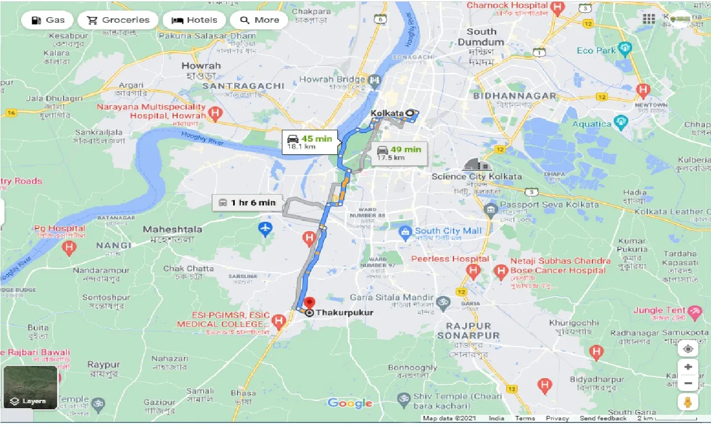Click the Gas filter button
click(48, 21)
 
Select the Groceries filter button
click(117, 21)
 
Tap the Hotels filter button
click(194, 21)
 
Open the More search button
click(259, 21)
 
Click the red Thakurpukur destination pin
click(309, 303)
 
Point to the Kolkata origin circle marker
click(410, 113)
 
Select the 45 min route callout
click(310, 143)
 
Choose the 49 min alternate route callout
click(398, 153)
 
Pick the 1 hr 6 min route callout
click(247, 202)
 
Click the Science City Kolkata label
click(476, 176)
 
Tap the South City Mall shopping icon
click(405, 231)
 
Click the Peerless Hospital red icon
click(472, 271)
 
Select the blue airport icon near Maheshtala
click(266, 227)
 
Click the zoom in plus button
click(688, 367)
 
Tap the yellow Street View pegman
click(688, 402)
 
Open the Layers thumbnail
click(30, 387)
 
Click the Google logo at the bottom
click(349, 403)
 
